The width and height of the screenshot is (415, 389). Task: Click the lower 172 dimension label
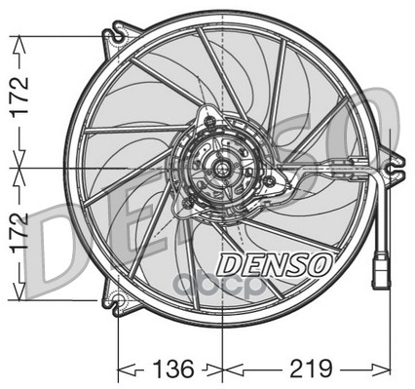(19, 233)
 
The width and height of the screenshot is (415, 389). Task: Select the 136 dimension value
(173, 369)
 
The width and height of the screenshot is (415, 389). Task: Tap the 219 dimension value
(312, 369)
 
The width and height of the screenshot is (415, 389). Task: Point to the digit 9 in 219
(325, 369)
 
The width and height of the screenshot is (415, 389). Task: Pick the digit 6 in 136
(187, 369)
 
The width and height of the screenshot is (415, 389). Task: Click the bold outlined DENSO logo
(275, 265)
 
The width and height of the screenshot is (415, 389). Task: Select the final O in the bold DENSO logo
(320, 264)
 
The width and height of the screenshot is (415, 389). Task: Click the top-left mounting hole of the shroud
(119, 36)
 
